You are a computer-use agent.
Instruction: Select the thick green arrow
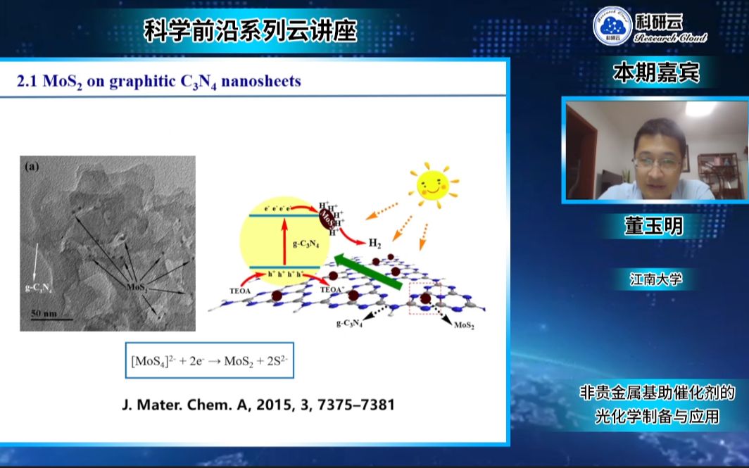(x=367, y=273)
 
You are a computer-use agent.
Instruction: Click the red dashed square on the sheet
(x=424, y=298)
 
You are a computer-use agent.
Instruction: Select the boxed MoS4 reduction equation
(x=210, y=361)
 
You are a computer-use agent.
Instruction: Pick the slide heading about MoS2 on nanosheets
(x=159, y=82)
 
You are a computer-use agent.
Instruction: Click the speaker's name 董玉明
(x=654, y=226)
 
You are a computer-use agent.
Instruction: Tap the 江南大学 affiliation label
(x=656, y=279)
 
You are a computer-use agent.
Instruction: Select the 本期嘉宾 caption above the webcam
(x=656, y=73)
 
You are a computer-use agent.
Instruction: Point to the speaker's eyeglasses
(x=657, y=163)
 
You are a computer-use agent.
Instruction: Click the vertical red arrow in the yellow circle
(x=284, y=244)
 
